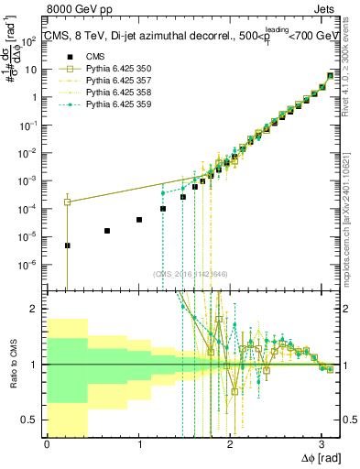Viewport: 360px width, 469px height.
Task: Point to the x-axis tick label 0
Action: pos(47,444)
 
